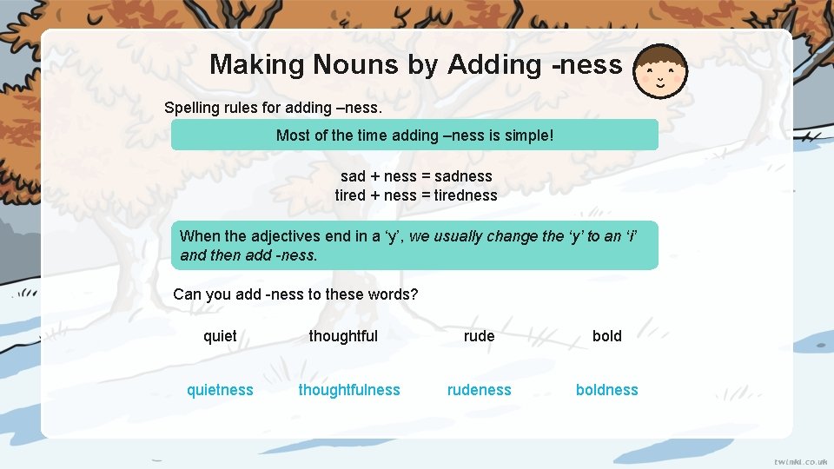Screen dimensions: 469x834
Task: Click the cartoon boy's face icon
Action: pyautogui.click(x=660, y=71)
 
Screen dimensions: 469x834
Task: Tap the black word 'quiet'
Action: pyautogui.click(x=220, y=336)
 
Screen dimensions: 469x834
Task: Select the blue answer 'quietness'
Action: pyautogui.click(x=220, y=390)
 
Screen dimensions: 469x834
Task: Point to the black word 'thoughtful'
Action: pyautogui.click(x=343, y=336)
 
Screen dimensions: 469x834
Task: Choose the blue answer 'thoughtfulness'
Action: pyautogui.click(x=349, y=390)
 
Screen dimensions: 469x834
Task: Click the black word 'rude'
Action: pyautogui.click(x=479, y=336)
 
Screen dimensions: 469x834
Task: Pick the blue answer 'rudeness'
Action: pyautogui.click(x=479, y=390)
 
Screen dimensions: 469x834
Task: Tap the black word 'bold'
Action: pyautogui.click(x=606, y=336)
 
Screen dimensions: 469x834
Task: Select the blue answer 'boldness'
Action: pyautogui.click(x=606, y=390)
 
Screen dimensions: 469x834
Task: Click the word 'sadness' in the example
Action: pyautogui.click(x=463, y=176)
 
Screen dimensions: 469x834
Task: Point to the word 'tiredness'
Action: pyautogui.click(x=466, y=195)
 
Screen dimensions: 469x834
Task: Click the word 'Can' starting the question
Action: pyautogui.click(x=187, y=294)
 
